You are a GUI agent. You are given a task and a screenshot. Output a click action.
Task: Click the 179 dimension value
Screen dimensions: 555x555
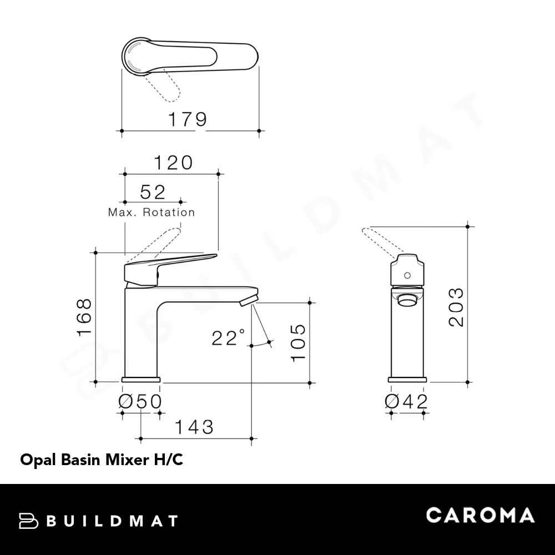point(188,119)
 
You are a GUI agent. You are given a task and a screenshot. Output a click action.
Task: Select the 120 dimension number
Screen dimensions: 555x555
point(173,163)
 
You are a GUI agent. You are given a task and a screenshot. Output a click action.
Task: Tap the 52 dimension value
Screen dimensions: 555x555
point(153,192)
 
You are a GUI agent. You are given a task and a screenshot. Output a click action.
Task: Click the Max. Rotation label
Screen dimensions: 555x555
point(152,212)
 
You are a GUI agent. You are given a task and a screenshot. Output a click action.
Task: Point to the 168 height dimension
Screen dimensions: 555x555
point(84,317)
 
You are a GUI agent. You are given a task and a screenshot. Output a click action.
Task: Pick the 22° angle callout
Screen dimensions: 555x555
point(228,337)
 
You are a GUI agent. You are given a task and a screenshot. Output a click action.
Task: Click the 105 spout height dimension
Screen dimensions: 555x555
point(298,342)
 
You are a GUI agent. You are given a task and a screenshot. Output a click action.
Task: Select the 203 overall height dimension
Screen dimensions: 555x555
point(456,307)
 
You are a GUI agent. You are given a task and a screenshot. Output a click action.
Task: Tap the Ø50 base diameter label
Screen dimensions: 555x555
point(140,401)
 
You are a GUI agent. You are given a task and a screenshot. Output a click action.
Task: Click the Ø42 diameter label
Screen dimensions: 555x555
point(406,401)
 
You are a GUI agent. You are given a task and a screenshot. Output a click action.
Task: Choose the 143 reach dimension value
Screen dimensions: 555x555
point(194,427)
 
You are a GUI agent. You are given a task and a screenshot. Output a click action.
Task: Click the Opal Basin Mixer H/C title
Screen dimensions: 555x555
point(102,460)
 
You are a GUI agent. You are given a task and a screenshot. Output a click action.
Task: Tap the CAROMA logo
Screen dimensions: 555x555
point(480,515)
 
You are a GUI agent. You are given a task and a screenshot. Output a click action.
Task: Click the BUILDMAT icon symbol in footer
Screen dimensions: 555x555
point(28,521)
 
